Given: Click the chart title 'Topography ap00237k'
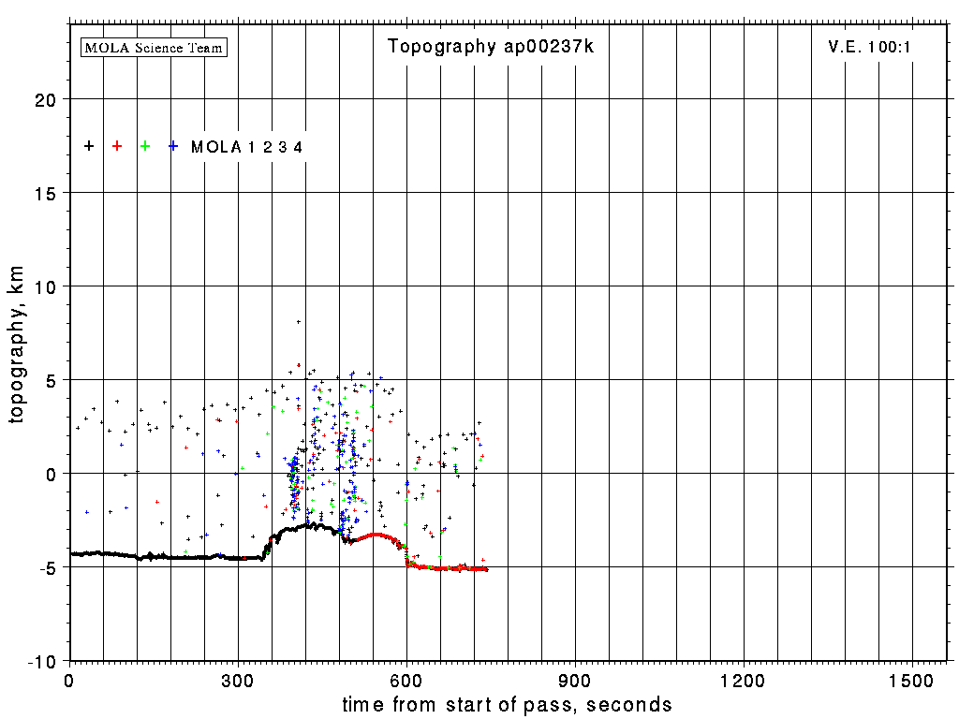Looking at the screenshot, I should tap(491, 47).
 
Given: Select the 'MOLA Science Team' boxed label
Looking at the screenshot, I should tap(155, 47).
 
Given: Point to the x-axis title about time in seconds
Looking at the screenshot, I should tap(507, 704).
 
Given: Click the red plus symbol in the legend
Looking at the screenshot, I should tap(117, 146).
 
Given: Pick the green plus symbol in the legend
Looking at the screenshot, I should tap(145, 146).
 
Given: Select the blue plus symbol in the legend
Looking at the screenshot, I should tap(173, 146).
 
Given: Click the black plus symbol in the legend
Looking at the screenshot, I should tap(89, 146).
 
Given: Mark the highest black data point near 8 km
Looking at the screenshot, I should tap(299, 322).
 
